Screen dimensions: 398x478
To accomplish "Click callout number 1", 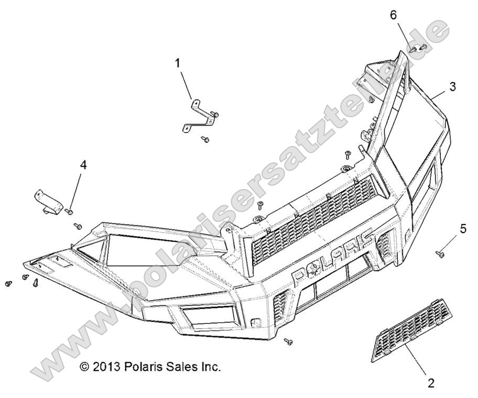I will coord(178,63).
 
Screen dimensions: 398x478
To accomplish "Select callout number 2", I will coord(431,383).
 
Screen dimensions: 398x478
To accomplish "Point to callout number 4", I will coord(83,165).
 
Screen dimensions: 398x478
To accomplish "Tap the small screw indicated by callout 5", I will coord(439,254).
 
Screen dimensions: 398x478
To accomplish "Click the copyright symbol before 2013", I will coord(84,367).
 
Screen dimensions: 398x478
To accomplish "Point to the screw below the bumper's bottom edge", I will coord(288,341).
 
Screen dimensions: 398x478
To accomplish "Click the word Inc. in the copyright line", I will coord(209,367).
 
